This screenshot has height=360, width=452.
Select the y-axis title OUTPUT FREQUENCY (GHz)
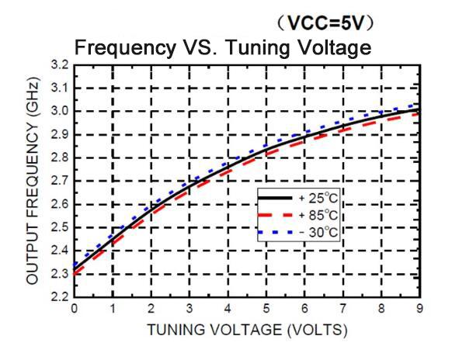(x=32, y=180)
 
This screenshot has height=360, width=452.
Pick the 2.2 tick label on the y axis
(x=58, y=298)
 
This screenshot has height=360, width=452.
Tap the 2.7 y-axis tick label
(x=58, y=181)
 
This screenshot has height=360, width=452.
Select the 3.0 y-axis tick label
(x=58, y=110)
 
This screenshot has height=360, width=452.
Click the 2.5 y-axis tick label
(x=58, y=227)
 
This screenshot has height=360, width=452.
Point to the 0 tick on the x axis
(x=75, y=309)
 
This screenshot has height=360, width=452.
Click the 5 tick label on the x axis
(x=267, y=309)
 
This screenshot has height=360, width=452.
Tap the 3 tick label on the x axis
(x=190, y=309)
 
